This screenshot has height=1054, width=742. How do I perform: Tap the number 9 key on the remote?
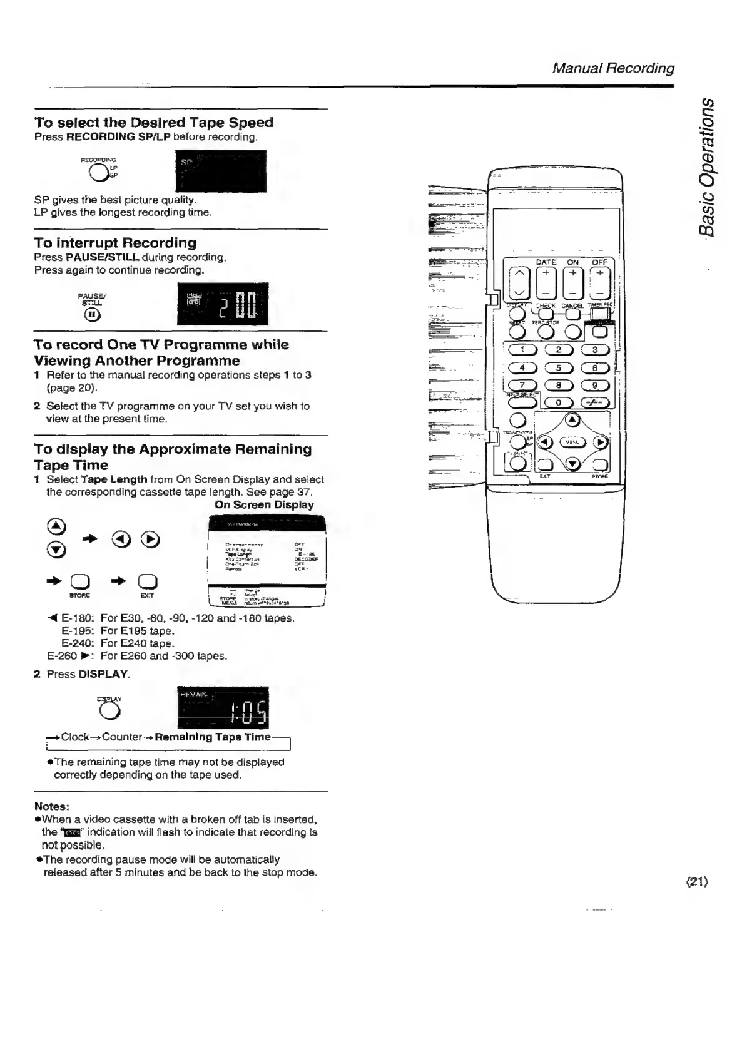595,386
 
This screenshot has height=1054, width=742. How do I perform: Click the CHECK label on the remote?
546,305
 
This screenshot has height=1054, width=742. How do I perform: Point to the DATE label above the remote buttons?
546,262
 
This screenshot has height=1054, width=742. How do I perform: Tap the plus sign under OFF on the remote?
600,273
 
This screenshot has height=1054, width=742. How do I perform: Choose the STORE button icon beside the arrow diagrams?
79,582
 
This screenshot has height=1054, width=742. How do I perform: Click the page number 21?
696,882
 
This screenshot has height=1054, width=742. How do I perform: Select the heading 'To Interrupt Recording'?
115,243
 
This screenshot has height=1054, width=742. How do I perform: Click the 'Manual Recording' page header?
613,68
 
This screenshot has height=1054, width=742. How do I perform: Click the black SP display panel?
221,171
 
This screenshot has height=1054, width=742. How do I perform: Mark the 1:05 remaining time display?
223,708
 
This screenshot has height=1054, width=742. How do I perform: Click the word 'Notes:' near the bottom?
52,806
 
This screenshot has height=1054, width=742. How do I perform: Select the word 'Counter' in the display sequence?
122,737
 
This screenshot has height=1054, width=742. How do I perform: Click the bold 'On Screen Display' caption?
264,504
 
